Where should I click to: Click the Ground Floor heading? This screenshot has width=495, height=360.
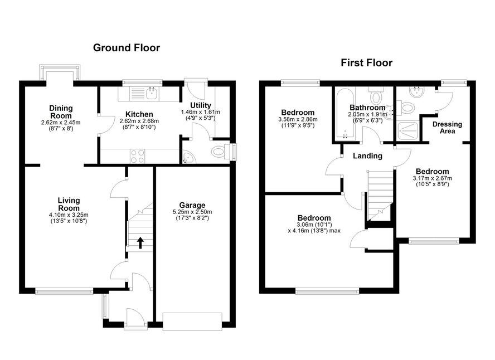tap(127, 47)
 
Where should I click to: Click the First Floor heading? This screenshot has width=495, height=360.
tap(367, 63)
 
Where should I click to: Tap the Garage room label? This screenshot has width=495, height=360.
tap(192, 205)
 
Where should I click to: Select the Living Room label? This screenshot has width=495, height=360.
tap(69, 204)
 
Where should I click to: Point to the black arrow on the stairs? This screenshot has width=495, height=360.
tap(140, 243)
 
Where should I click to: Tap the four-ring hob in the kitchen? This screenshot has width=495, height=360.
tap(137, 156)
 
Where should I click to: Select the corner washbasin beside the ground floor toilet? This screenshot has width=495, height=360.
tap(189, 158)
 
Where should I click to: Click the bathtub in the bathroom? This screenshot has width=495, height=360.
tap(346, 114)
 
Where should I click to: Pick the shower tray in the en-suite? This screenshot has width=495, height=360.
tap(408, 130)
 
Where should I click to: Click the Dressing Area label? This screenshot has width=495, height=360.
tap(447, 128)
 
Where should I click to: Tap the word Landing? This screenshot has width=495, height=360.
tap(367, 156)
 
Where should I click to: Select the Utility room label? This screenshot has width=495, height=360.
tap(201, 105)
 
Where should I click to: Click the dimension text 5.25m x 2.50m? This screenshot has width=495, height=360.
tap(192, 212)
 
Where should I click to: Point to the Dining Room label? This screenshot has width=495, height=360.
tap(61, 112)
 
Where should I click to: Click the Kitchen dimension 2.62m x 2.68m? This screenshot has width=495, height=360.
tap(139, 121)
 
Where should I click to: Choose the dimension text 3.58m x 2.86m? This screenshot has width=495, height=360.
tap(298, 120)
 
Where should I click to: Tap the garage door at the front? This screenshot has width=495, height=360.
tap(192, 322)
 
